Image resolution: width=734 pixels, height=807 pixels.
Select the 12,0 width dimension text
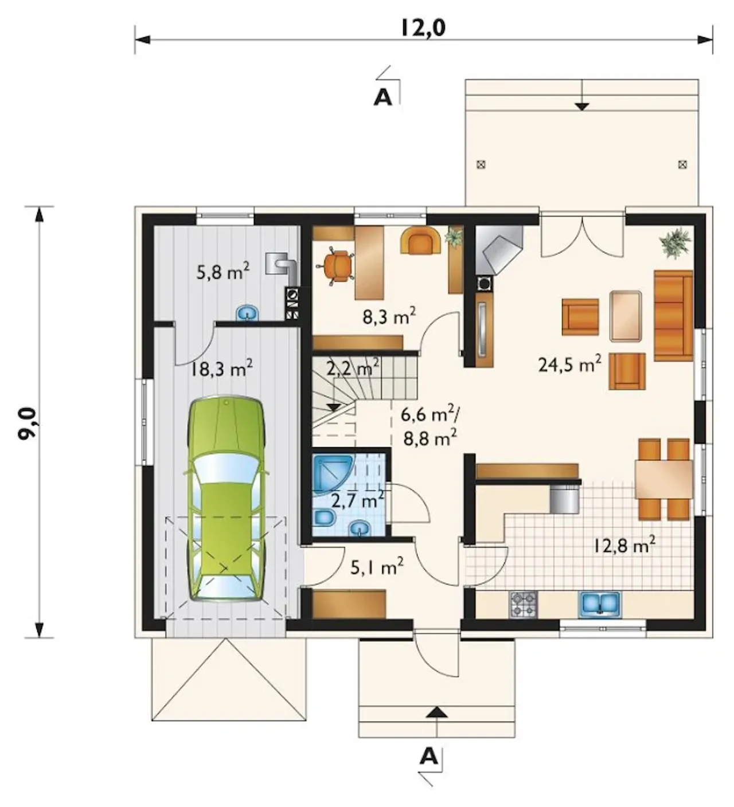click(423, 29)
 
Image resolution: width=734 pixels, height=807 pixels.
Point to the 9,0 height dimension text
click(29, 423)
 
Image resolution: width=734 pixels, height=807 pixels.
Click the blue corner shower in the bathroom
click(332, 473)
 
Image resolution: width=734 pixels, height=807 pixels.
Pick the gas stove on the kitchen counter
click(524, 604)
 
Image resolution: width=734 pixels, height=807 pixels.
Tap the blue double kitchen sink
click(599, 604)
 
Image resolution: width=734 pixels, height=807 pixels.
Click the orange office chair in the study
click(336, 265)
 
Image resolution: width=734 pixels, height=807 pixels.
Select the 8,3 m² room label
click(389, 316)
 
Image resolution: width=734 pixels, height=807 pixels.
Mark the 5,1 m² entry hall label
click(377, 567)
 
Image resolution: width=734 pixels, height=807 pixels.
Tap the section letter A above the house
click(382, 97)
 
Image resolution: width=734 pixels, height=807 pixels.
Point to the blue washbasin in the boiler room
click(247, 312)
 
